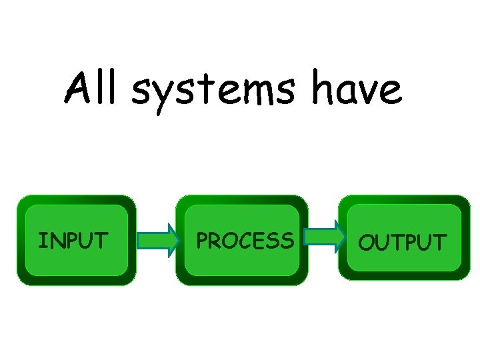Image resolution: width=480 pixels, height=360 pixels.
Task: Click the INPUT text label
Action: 73,240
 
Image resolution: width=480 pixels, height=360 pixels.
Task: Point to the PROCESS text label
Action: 244,240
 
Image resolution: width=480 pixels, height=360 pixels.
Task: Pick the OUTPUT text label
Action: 402,242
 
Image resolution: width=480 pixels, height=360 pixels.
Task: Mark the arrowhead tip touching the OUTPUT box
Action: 345,237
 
